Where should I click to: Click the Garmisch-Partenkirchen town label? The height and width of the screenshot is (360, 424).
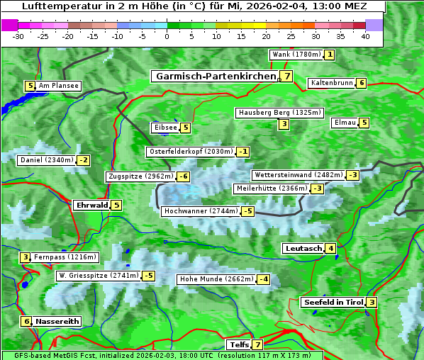pos(215,77)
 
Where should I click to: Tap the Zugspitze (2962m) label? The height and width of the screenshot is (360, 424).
pos(140,176)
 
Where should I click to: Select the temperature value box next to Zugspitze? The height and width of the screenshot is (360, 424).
pos(184,176)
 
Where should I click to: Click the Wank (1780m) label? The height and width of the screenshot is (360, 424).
pos(296,55)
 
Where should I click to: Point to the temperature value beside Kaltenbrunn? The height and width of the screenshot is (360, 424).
pos(361,83)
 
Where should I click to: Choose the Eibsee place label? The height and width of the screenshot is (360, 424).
pos(164,128)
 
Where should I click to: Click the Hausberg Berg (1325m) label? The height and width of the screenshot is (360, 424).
pos(279,113)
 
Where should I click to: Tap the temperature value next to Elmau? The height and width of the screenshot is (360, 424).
pos(364,123)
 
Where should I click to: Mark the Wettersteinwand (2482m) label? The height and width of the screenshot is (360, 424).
pos(298,175)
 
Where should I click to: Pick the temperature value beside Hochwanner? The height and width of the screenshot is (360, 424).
pos(247,211)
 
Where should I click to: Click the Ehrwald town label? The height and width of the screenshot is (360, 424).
pos(91,206)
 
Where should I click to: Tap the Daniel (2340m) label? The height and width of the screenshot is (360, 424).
pos(46,160)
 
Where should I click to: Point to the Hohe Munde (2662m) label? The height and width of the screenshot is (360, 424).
pos(216,279)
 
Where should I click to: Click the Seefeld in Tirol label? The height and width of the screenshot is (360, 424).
pos(333,303)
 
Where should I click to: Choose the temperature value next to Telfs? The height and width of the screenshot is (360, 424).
pos(257,345)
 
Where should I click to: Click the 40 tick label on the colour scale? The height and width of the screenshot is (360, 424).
pos(365,36)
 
